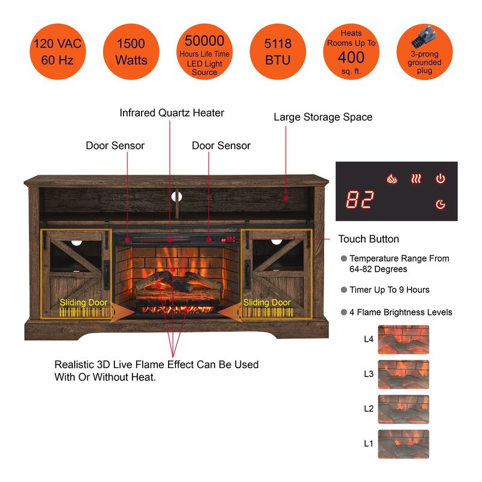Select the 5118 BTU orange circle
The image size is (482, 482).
(277, 52)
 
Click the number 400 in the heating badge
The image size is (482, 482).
(351, 57)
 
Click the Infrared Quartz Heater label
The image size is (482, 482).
(172, 113)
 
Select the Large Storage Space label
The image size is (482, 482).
(323, 117)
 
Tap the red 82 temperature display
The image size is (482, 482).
(360, 200)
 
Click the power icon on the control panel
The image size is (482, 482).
(440, 179)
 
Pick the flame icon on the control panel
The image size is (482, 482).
(392, 179)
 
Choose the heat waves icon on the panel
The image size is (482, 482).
(416, 179)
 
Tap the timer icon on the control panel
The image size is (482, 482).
(440, 205)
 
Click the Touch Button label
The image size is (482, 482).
(369, 239)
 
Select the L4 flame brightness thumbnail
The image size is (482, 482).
(403, 339)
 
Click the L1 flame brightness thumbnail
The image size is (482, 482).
(403, 444)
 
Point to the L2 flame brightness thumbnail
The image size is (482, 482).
(403, 409)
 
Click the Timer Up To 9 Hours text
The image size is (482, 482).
(389, 290)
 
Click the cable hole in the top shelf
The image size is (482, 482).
(178, 196)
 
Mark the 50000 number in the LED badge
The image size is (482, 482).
(204, 41)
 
